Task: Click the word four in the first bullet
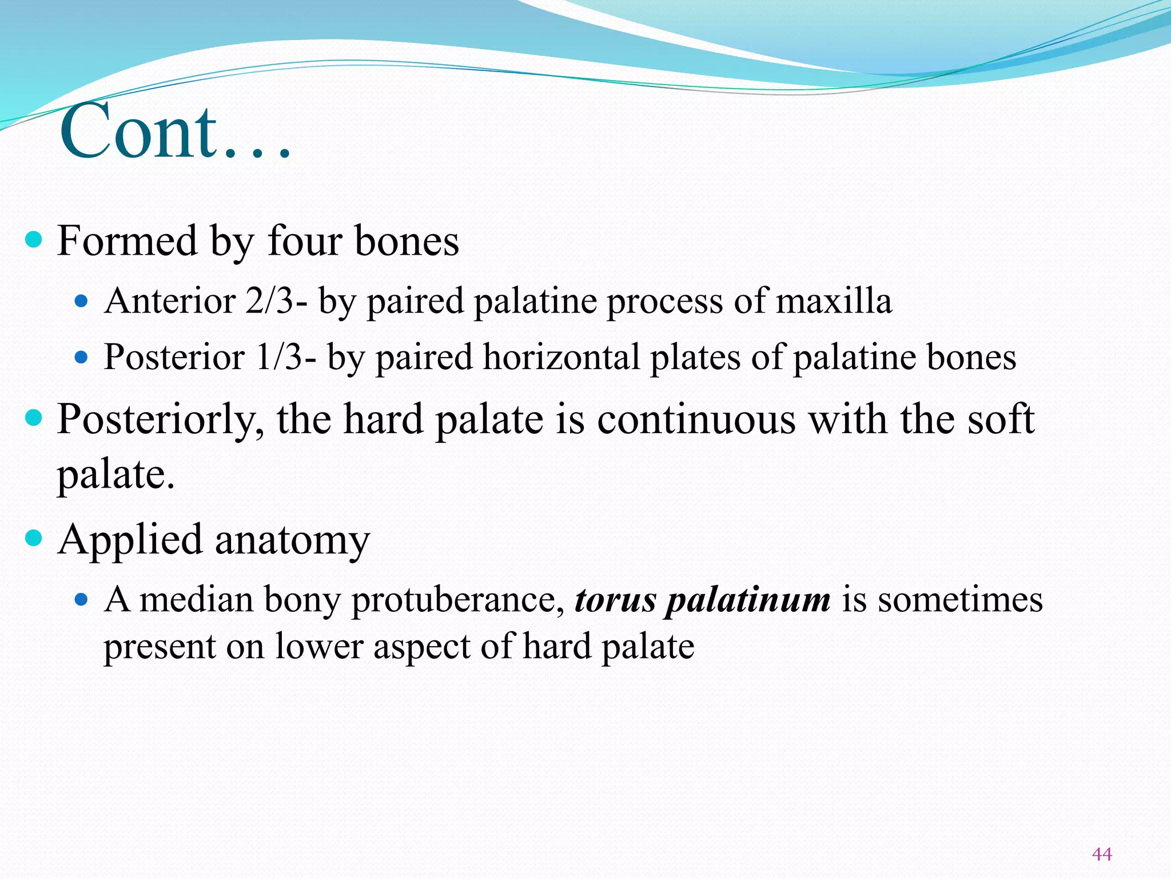pyautogui.click(x=305, y=241)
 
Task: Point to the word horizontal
pyautogui.click(x=561, y=357)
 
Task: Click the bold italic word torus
pyautogui.click(x=615, y=600)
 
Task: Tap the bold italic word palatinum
pyautogui.click(x=748, y=600)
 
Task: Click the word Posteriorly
pyautogui.click(x=161, y=420)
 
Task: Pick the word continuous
pyautogui.click(x=696, y=420)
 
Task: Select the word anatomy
pyautogui.click(x=292, y=540)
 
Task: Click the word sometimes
pyautogui.click(x=960, y=600)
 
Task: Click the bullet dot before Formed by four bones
pyautogui.click(x=34, y=239)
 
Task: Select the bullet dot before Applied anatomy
pyautogui.click(x=34, y=538)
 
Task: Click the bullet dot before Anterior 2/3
pyautogui.click(x=82, y=301)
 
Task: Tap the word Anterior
pyautogui.click(x=170, y=301)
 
